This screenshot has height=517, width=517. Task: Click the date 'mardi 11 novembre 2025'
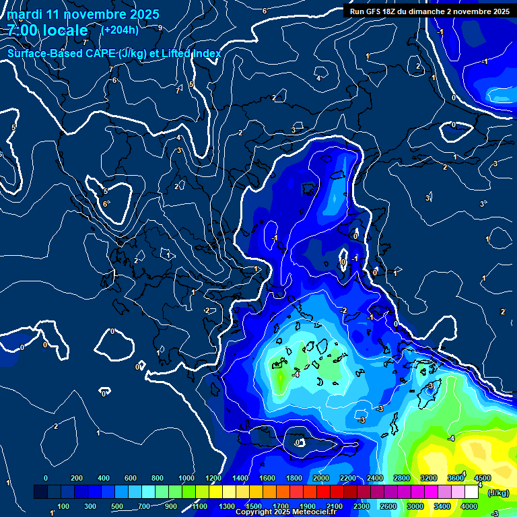tap(83, 14)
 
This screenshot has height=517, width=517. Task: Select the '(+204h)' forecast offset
tap(120, 30)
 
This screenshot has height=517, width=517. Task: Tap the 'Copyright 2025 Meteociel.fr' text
tap(285, 512)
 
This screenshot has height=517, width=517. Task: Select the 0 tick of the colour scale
tap(46, 478)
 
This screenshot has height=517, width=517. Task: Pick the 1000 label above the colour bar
tap(186, 478)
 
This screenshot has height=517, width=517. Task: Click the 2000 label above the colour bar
tap(321, 478)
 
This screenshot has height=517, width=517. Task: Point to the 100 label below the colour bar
tap(63, 506)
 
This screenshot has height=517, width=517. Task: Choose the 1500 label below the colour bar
tap(253, 506)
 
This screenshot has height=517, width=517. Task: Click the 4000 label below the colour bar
tap(469, 506)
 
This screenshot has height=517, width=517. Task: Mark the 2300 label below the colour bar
tap(361, 506)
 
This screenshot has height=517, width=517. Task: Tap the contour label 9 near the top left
tap(160, 28)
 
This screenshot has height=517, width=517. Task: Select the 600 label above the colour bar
tap(131, 478)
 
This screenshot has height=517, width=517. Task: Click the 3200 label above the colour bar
tap(429, 478)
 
